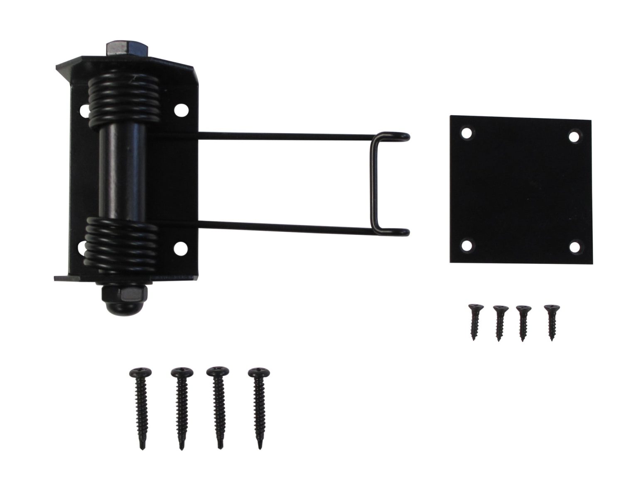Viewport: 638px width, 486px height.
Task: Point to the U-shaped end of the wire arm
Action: (376, 182)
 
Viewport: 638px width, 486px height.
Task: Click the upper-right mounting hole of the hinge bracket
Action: (180, 110)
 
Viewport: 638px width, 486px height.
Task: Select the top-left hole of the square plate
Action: (466, 133)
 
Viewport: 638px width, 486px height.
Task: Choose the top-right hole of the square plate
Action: (574, 136)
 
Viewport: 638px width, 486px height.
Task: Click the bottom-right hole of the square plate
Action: (574, 247)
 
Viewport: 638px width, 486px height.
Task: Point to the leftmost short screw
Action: (474, 322)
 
